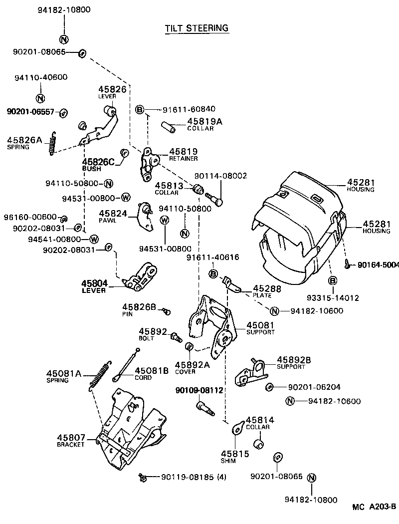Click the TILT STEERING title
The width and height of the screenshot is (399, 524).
pos(197,28)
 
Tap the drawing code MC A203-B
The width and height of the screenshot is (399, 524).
pos(374,507)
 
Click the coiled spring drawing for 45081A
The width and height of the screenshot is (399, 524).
pos(99,374)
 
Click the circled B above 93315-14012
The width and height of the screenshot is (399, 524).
pos(332,281)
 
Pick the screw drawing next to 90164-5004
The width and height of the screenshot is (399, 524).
pos(346,264)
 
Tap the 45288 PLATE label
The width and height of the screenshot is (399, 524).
pos(267,291)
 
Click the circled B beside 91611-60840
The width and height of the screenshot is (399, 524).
pos(140,110)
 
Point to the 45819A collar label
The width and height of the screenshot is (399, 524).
pos(200,124)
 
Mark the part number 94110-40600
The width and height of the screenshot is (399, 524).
pos(41,77)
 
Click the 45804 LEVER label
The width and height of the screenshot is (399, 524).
pos(94,286)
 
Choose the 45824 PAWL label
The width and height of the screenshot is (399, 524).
pos(111,216)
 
